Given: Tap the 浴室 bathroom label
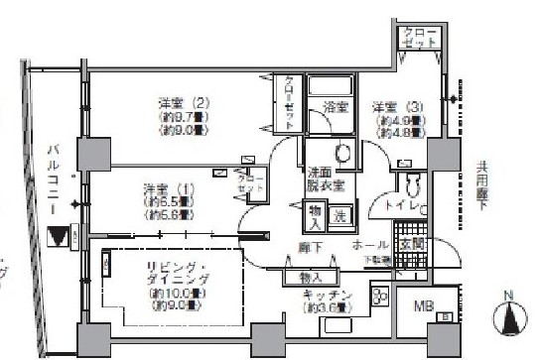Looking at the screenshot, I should pyautogui.click(x=335, y=106).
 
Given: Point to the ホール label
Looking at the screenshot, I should pyautogui.click(x=369, y=243).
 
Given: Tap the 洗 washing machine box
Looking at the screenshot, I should pyautogui.click(x=338, y=215).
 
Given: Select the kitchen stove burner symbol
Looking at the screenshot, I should pyautogui.click(x=379, y=295).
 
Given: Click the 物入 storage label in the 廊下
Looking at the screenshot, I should pyautogui.click(x=310, y=278).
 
